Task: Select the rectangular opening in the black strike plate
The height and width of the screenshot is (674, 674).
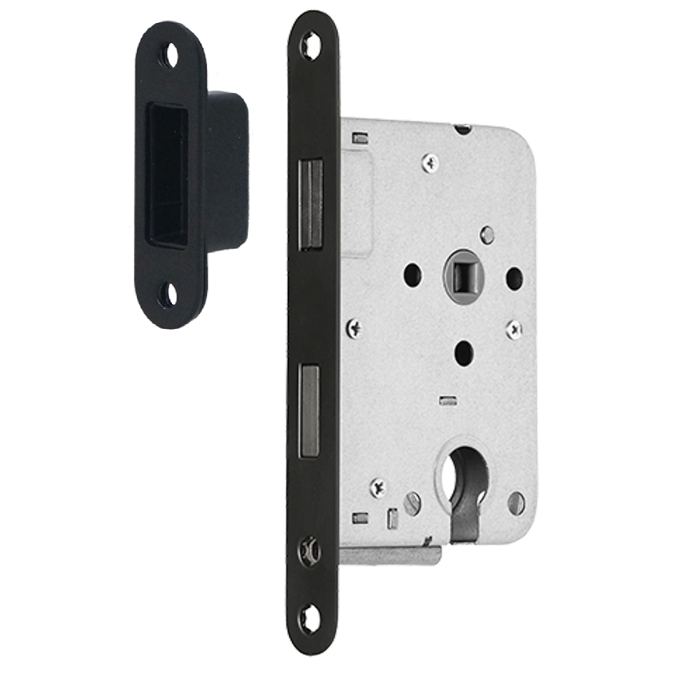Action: (167, 175)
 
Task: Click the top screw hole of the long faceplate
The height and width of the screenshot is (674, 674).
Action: (311, 45)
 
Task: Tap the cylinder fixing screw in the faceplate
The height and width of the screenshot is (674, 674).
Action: (310, 551)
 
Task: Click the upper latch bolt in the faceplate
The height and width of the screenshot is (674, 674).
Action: (311, 204)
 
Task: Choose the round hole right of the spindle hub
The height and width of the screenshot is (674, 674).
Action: (514, 275)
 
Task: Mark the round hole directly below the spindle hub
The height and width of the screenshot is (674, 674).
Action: (462, 349)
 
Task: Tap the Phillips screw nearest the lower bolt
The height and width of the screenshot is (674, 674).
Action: (355, 328)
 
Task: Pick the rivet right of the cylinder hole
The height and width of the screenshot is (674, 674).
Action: (516, 502)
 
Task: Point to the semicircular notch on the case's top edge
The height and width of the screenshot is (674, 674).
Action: (462, 127)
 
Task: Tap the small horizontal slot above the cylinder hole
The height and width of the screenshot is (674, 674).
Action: (446, 402)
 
